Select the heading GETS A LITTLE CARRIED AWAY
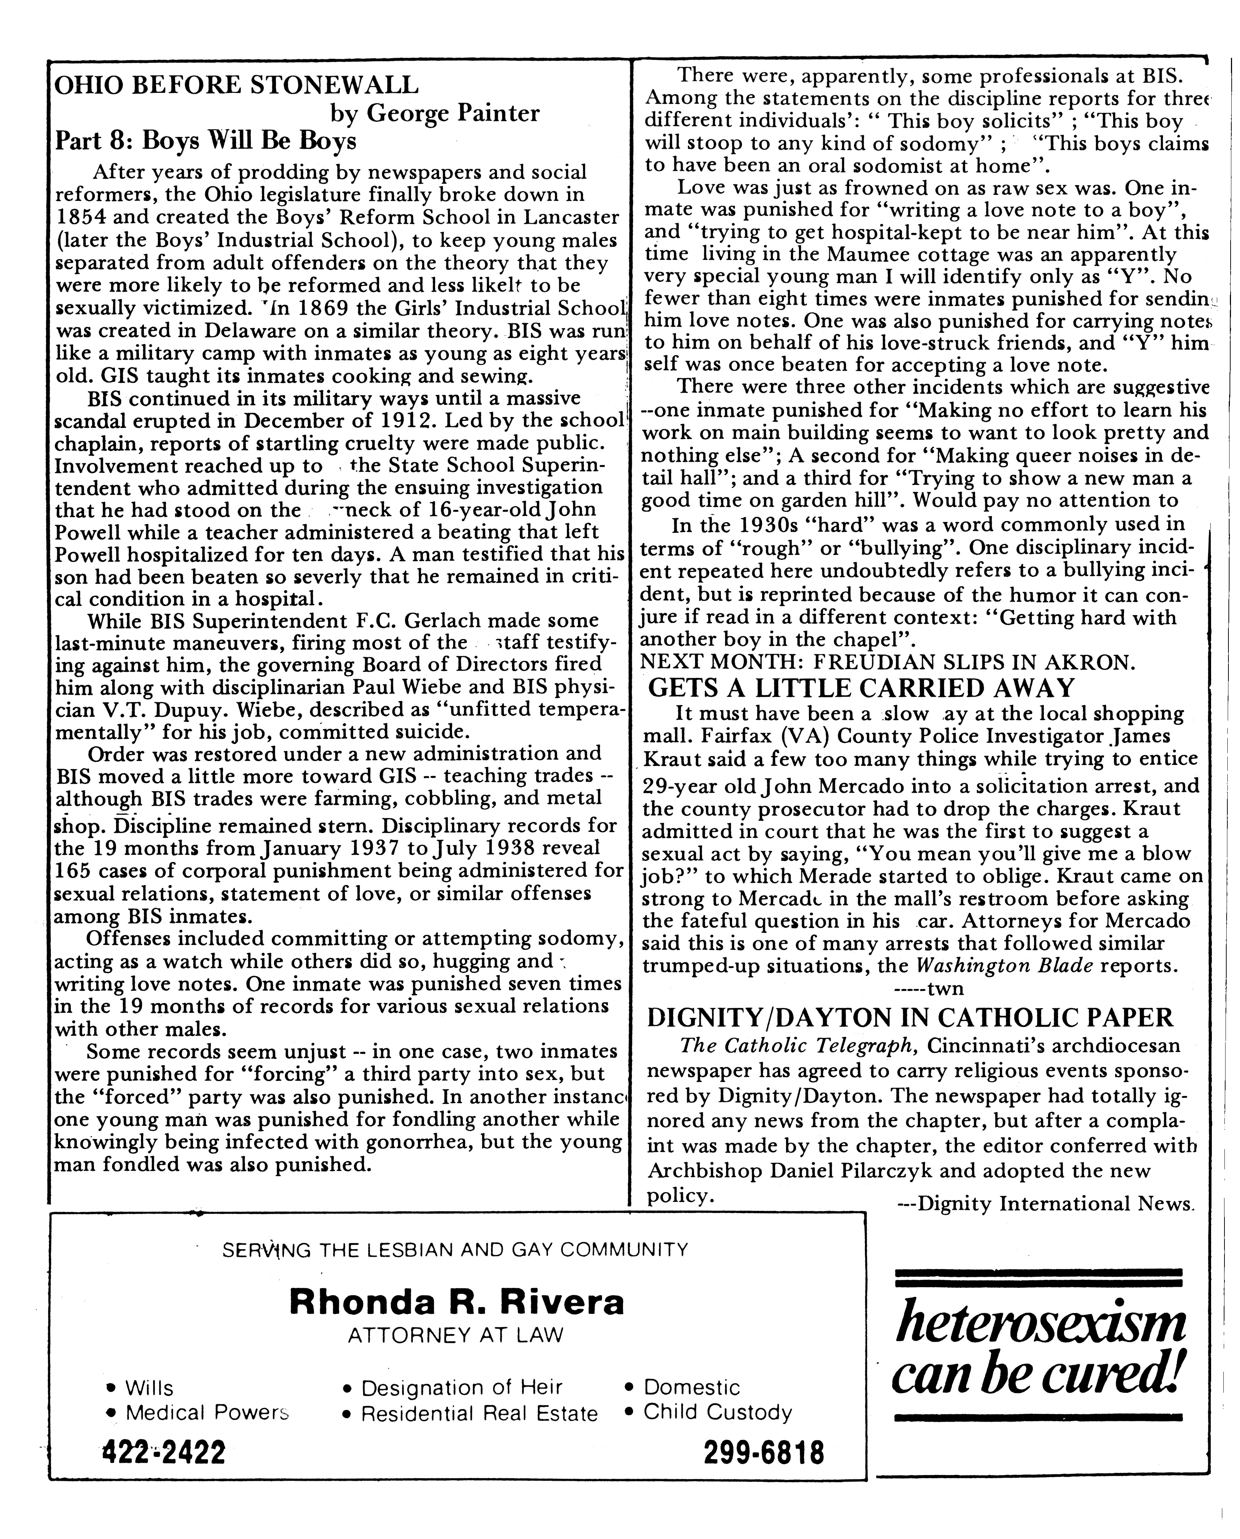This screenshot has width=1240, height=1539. tap(861, 688)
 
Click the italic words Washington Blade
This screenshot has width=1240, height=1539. tap(1004, 966)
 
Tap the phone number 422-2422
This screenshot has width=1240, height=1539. tap(164, 1453)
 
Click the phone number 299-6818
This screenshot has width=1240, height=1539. tap(763, 1453)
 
